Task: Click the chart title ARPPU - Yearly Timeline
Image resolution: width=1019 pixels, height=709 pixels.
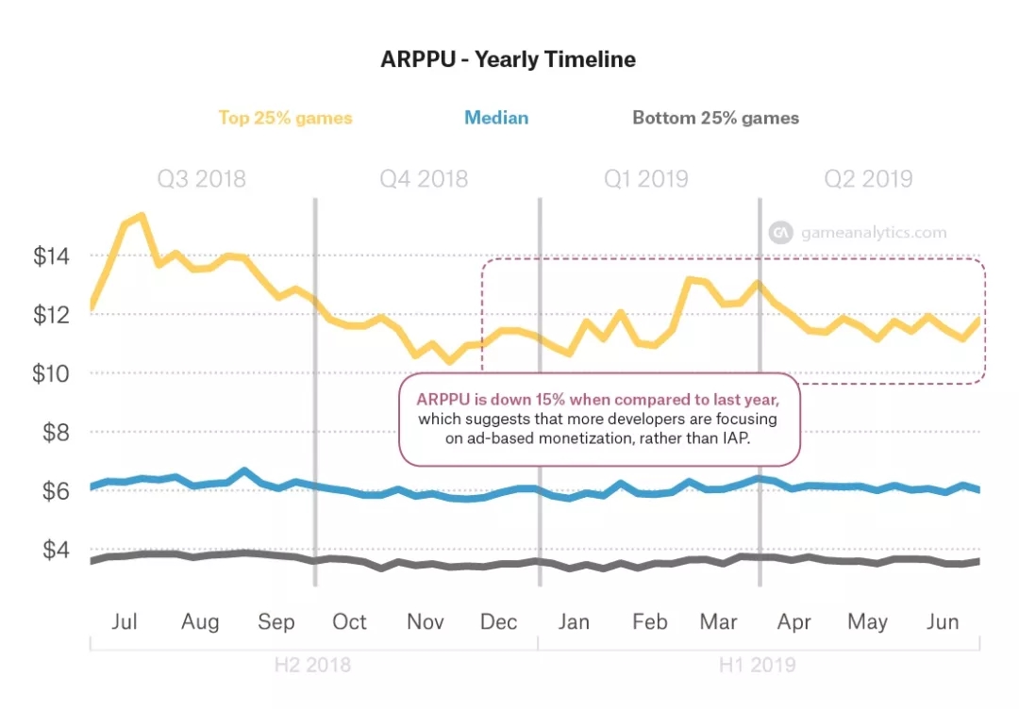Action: pyautogui.click(x=508, y=59)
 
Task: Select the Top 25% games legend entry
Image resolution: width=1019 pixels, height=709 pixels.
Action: pyautogui.click(x=285, y=118)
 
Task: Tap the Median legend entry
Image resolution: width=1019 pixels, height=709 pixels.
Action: pyautogui.click(x=495, y=118)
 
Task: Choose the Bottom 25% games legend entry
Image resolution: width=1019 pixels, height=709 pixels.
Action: pyautogui.click(x=715, y=118)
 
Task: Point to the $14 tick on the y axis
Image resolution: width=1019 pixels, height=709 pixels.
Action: pyautogui.click(x=53, y=256)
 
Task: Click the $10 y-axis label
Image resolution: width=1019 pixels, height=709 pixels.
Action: pyautogui.click(x=53, y=373)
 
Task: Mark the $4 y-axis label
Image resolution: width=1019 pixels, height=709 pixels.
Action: pyautogui.click(x=57, y=550)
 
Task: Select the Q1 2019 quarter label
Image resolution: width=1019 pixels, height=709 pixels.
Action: pyautogui.click(x=645, y=179)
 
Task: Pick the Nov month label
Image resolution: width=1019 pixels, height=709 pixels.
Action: pyautogui.click(x=426, y=622)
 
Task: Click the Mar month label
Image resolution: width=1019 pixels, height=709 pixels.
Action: pyautogui.click(x=718, y=622)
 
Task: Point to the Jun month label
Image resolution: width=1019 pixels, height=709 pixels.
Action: pyautogui.click(x=943, y=622)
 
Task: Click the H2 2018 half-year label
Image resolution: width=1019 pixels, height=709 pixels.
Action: pyautogui.click(x=312, y=665)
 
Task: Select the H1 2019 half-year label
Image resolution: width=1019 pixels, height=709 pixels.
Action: pyautogui.click(x=757, y=665)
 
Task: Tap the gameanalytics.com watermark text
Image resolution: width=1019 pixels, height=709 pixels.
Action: pyautogui.click(x=873, y=233)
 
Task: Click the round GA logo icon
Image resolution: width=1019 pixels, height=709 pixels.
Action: pyautogui.click(x=780, y=233)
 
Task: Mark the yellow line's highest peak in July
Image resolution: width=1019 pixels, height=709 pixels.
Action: pyautogui.click(x=142, y=216)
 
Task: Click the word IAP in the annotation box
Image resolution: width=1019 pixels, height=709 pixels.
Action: pyautogui.click(x=732, y=438)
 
